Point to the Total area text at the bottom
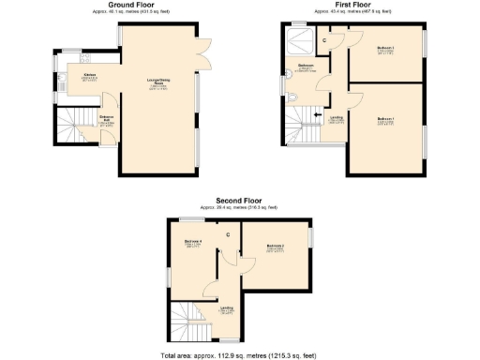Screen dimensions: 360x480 238,354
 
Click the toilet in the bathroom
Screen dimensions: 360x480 293,98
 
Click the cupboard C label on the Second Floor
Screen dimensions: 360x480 228,234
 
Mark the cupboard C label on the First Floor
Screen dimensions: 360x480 324,39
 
